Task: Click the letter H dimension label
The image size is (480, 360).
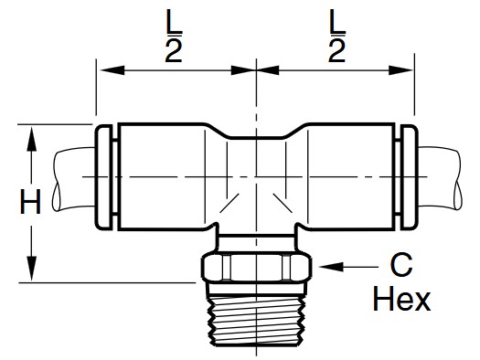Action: (30, 202)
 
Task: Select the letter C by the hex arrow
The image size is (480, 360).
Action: (401, 265)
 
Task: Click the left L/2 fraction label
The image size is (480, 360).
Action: (174, 36)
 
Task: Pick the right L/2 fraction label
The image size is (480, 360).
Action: (337, 36)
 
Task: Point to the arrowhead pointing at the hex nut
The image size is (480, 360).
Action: (331, 267)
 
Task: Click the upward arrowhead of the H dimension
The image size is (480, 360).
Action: (31, 139)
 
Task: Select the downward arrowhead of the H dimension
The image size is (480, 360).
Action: (31, 269)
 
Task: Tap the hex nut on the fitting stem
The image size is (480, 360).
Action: (257, 267)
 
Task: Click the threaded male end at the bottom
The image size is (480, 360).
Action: (257, 320)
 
